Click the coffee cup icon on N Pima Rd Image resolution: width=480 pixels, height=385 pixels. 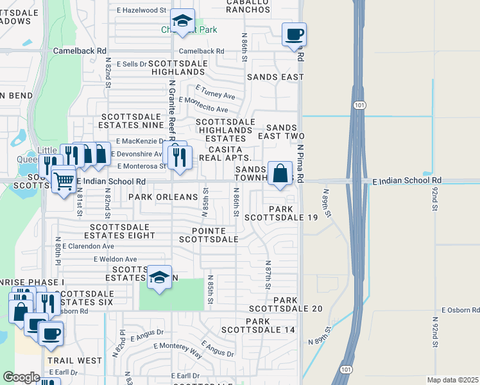[294, 34]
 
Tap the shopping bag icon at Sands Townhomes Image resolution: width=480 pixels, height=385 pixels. [280, 173]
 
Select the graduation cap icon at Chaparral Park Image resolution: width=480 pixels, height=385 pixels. [183, 21]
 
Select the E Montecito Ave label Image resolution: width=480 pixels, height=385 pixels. [203, 105]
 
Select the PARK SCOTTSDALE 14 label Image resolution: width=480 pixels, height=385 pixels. [258, 325]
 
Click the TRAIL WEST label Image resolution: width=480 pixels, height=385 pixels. [74, 361]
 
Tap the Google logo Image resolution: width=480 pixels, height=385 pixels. [21, 377]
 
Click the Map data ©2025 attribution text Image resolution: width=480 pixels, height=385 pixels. [452, 380]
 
